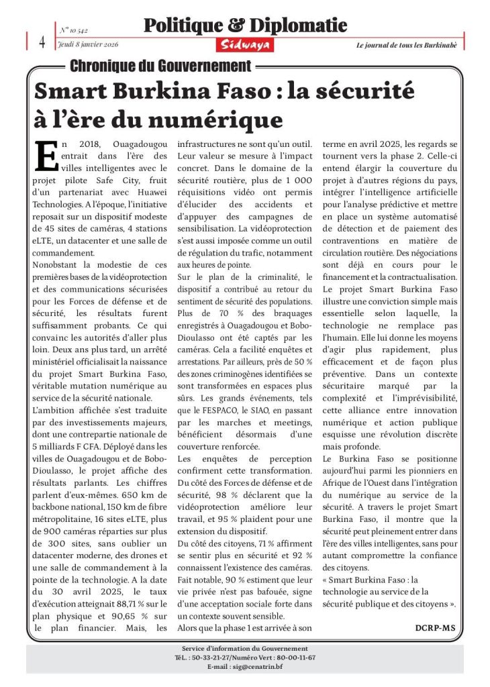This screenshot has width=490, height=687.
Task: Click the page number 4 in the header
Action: tap(42, 41)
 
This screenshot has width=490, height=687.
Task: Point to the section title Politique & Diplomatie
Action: tap(245, 26)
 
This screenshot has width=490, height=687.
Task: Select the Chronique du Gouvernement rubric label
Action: tap(160, 66)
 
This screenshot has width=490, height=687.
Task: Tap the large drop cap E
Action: tap(46, 156)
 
